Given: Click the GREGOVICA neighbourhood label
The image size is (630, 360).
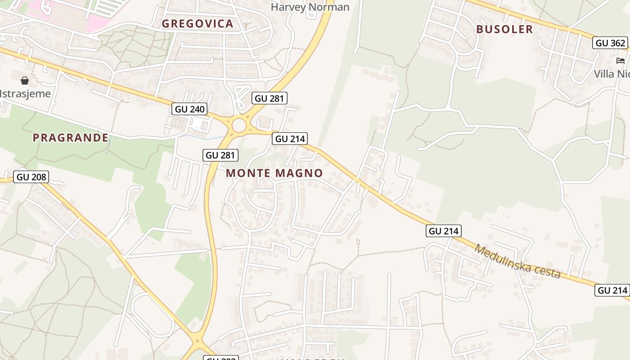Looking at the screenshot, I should [198, 24].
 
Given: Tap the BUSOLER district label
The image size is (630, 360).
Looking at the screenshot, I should [504, 29].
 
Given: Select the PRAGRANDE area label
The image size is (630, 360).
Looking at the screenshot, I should [71, 138].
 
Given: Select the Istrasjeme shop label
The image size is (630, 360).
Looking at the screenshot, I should [25, 94].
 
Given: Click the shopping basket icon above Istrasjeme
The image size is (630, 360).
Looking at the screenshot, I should [25, 81].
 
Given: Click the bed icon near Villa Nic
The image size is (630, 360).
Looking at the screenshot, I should [621, 60].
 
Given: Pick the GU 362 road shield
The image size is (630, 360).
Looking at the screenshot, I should [610, 43].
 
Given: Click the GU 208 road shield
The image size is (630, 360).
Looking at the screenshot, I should [31, 177].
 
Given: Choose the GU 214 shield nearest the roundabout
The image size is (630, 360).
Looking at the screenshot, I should [290, 139].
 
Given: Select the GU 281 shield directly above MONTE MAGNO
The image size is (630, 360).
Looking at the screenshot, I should [220, 155].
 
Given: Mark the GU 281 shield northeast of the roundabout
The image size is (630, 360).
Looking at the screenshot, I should [270, 98].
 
